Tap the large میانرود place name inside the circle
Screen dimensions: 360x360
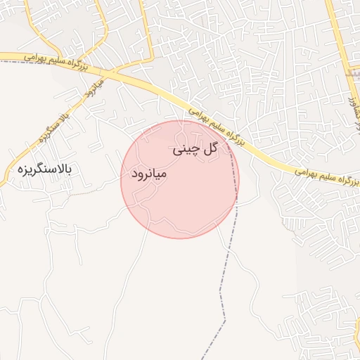point(146,172)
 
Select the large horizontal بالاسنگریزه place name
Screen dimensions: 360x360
point(45,169)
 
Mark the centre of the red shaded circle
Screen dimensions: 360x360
point(180,179)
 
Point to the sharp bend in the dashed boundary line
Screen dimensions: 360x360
point(225,321)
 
